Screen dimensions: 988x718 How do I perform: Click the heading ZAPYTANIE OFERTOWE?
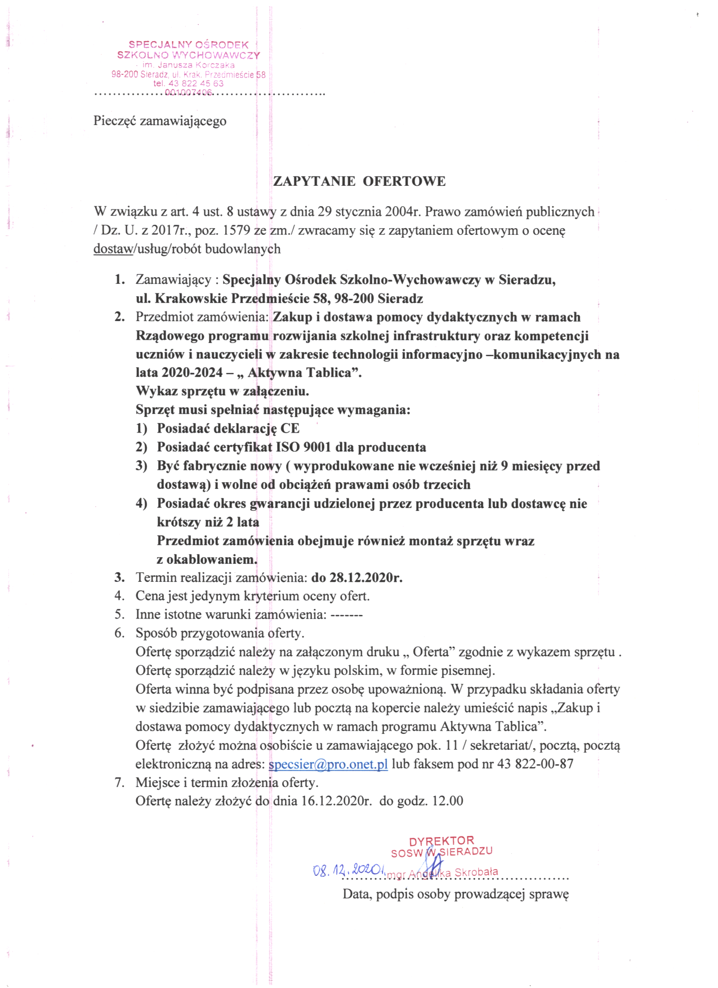coord(359,181)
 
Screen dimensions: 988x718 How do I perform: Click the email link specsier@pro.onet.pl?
coord(328,764)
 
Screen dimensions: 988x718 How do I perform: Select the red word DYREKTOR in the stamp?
coord(441,841)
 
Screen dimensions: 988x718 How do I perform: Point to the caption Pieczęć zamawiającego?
coord(160,121)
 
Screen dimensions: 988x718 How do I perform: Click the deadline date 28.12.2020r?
coord(357,577)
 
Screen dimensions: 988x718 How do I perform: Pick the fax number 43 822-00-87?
coord(536,764)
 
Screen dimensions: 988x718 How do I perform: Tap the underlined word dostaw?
coord(113,249)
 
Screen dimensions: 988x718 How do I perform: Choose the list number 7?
coord(119,782)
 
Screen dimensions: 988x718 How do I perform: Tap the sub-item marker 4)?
coord(141,504)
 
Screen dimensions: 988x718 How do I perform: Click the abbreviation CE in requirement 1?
coord(290,429)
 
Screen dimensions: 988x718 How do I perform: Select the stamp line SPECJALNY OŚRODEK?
coord(189,44)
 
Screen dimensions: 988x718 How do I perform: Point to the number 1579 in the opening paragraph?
coord(239,230)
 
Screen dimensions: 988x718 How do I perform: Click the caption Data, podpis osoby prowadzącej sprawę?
coord(456,894)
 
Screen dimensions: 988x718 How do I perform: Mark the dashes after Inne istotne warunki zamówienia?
coord(346,615)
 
